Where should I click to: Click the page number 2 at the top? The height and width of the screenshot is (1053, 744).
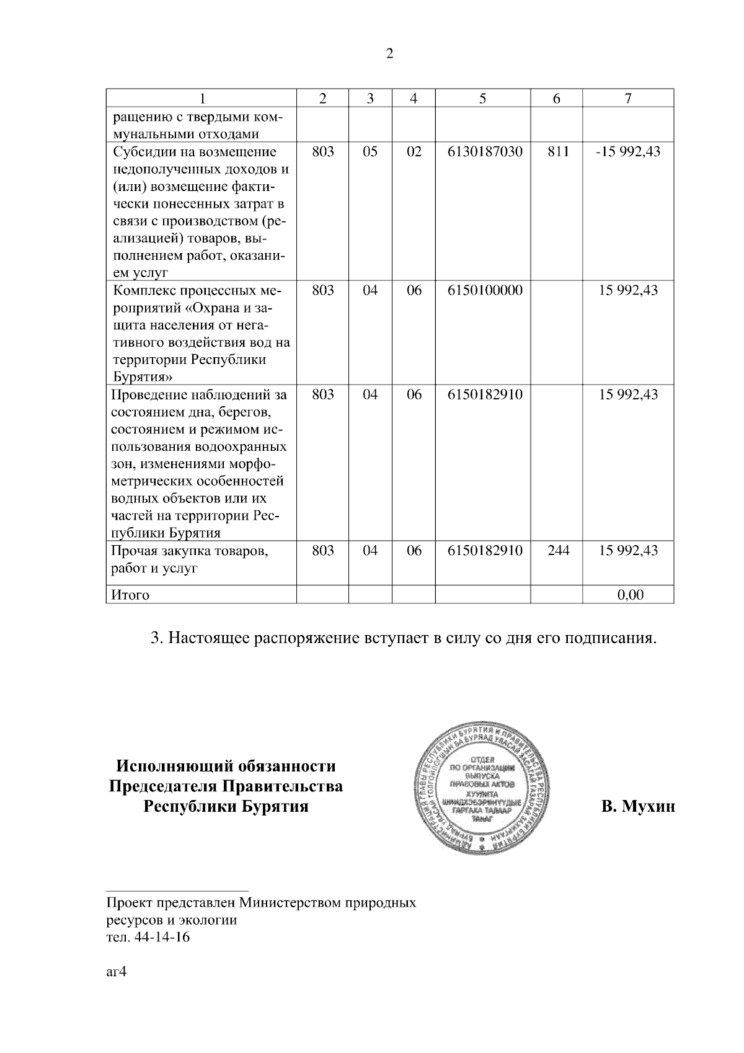pos(389,54)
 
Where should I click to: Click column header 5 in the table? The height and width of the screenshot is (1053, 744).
pos(482,99)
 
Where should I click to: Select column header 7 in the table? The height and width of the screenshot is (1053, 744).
pos(627,99)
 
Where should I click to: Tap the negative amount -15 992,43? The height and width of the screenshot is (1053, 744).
pos(627,152)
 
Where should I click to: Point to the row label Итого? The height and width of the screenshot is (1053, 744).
pos(130,595)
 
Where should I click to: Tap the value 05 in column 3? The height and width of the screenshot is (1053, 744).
pos(370,152)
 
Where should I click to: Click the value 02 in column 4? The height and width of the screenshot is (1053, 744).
pos(414,152)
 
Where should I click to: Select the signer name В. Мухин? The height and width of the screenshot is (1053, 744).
pos(637,806)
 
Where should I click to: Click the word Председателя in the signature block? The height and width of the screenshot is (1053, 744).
pos(163,786)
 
